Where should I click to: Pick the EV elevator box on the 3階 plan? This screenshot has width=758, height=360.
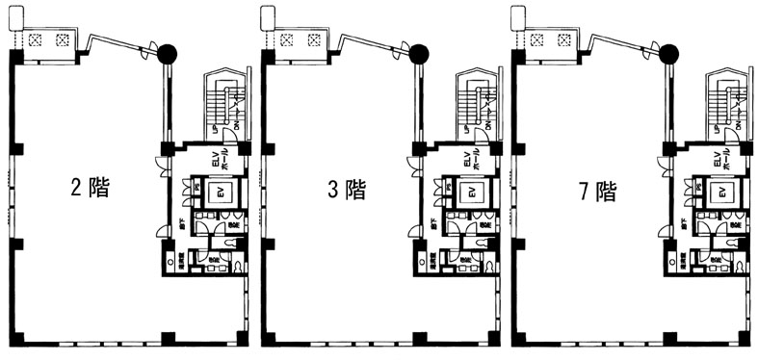471,193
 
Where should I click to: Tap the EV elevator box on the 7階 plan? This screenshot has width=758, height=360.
721,193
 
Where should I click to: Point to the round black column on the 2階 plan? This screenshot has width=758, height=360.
168,54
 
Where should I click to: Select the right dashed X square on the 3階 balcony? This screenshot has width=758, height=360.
314,40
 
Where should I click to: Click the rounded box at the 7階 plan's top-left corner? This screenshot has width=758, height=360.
518,16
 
